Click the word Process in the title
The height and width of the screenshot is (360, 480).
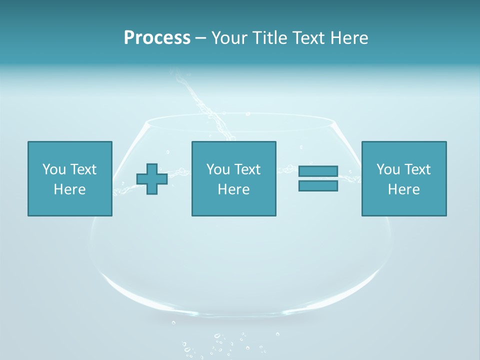157,38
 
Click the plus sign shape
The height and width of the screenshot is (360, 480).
152,178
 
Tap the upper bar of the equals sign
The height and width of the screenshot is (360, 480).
318,171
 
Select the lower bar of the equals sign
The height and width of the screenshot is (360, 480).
318,185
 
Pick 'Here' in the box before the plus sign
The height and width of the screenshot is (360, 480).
69,189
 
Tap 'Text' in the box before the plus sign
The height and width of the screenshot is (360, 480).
83,169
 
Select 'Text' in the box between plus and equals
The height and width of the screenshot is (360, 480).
247,169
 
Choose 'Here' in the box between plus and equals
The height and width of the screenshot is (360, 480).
233,189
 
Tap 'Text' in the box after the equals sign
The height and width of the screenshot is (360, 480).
417,169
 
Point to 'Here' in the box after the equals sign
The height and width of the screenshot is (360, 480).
403,189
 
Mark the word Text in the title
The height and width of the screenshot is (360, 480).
308,38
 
